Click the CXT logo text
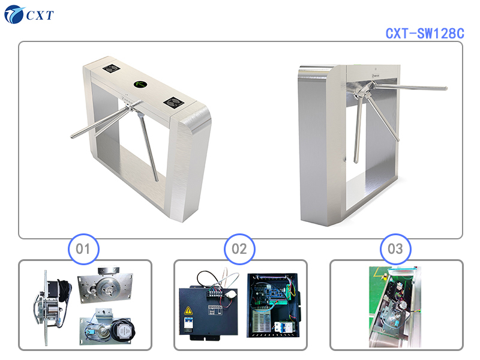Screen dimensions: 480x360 click(x=40, y=15)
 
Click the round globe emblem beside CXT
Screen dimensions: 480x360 click(x=14, y=14)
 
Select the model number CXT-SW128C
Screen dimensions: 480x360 click(x=425, y=34)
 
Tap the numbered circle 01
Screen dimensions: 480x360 click(x=83, y=249)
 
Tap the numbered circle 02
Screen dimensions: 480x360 click(x=239, y=249)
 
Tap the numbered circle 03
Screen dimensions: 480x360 click(x=395, y=249)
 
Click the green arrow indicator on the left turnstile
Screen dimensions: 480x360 click(x=140, y=84)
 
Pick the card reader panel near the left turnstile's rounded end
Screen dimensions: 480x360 click(x=173, y=103)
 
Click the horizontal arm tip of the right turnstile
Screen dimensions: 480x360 click(x=445, y=88)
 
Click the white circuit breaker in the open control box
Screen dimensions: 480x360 click(x=283, y=327)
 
